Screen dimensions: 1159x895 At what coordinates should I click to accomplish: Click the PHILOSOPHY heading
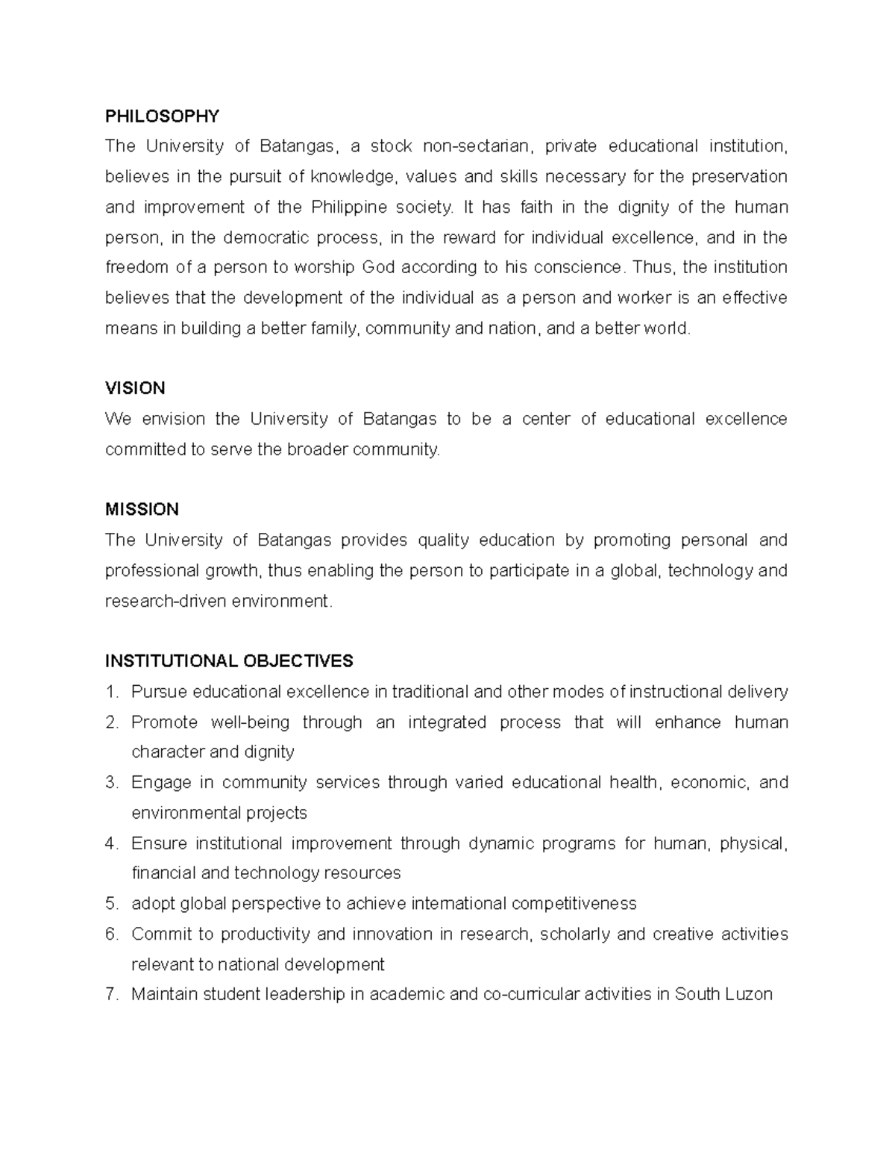[x=162, y=116]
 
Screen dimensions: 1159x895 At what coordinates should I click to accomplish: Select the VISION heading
[x=135, y=388]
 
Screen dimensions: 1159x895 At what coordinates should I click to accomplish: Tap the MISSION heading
[x=142, y=509]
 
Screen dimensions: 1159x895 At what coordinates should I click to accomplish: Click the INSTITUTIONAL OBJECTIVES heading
[x=229, y=660]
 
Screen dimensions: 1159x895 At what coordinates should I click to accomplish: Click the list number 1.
[x=111, y=692]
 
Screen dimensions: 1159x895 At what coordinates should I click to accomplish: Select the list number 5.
[x=111, y=904]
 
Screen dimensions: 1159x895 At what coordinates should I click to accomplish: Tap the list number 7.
[x=111, y=994]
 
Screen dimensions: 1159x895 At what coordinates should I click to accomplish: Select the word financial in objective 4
[x=164, y=873]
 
